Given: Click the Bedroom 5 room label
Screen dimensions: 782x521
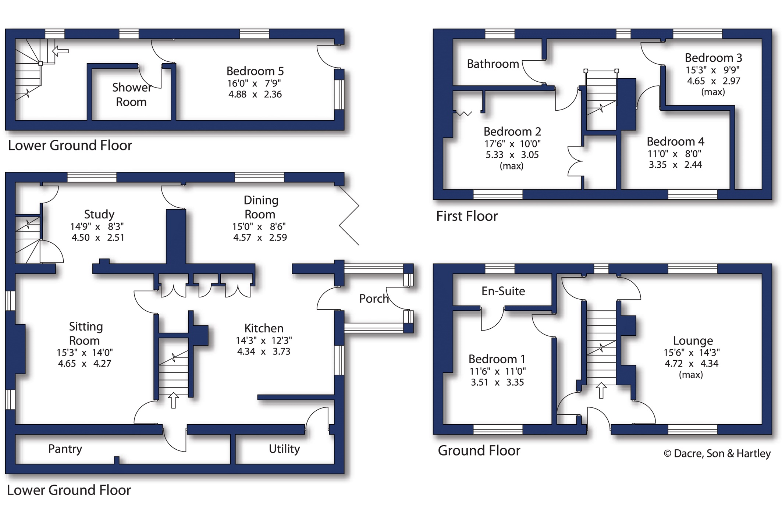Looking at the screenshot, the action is pos(255,71).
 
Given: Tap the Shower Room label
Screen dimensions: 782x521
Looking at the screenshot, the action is pos(132,94).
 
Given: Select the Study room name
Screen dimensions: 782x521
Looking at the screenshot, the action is pos(99,214).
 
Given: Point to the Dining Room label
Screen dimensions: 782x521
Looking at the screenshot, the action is pos(260,207).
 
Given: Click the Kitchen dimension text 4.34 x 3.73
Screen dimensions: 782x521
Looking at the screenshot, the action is pos(264,352).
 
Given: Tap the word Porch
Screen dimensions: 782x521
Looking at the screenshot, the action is pos(374,299).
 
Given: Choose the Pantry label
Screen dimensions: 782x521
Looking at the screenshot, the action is pos(65,449).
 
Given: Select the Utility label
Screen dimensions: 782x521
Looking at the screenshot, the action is pos(284,449).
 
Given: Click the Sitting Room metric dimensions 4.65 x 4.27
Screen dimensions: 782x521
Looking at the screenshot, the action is pos(85,364).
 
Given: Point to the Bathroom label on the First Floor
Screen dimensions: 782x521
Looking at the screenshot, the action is pos(493,64).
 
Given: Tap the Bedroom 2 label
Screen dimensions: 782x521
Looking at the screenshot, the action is pos(512,131).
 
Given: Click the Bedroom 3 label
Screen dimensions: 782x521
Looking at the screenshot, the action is pos(713,58).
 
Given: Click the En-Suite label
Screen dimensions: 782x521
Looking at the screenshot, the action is pos(503,291).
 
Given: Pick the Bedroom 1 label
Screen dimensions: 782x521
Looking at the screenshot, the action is pos(497,359).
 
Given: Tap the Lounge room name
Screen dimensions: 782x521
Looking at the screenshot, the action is pos(693,340).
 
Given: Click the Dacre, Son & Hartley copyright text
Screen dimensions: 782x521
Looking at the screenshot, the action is pos(717,453).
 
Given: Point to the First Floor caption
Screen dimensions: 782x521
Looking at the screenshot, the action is pos(467,216).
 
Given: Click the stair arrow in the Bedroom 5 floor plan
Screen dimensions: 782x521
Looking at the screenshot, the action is pos(60,51).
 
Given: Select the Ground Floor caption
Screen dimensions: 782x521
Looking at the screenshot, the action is pos(479,450).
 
